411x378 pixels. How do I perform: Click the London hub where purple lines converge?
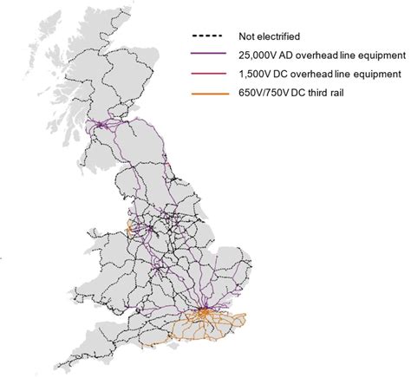click(203, 310)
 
